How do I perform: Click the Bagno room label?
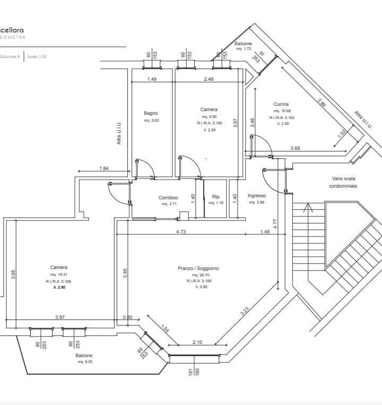click(x=151, y=113)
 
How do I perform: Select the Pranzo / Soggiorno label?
click(x=198, y=268)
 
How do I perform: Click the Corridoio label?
click(x=168, y=198)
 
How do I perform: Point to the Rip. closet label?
click(x=216, y=197)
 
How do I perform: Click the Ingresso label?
click(x=257, y=196)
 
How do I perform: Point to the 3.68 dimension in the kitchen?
click(x=295, y=148)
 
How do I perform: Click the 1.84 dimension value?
click(x=104, y=168)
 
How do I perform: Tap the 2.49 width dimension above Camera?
click(x=209, y=79)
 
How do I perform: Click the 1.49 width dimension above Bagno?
click(x=152, y=79)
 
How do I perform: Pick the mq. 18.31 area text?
click(x=58, y=275)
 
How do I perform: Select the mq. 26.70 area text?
click(x=198, y=275)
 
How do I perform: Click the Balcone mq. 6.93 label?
click(x=84, y=358)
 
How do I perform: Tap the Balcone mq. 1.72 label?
click(x=244, y=46)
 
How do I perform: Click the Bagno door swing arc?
click(x=149, y=167)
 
